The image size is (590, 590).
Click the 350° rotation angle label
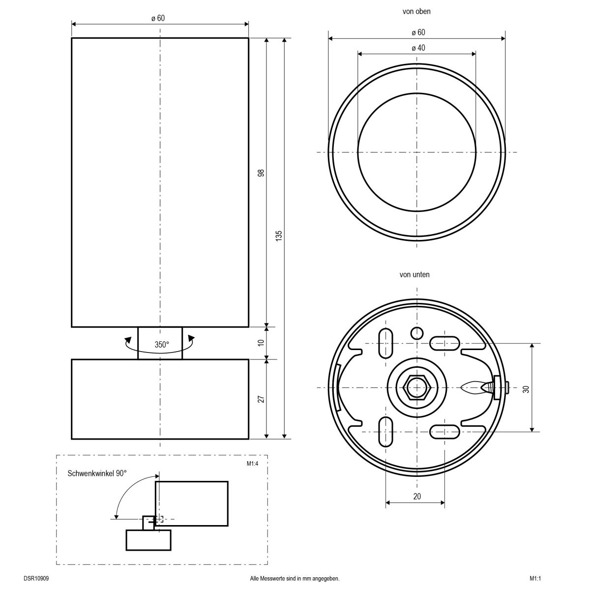[162, 345]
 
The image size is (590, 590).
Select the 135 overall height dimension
[279, 237]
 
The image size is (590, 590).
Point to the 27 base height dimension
[261, 399]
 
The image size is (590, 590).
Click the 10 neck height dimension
[261, 343]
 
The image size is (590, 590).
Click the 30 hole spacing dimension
[526, 388]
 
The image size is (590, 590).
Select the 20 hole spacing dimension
[417, 497]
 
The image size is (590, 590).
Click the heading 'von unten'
[414, 275]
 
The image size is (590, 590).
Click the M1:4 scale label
[253, 463]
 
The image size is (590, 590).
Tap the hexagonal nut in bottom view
[417, 388]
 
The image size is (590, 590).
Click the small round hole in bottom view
[417, 333]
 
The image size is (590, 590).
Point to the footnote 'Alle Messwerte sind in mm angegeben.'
[295, 579]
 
